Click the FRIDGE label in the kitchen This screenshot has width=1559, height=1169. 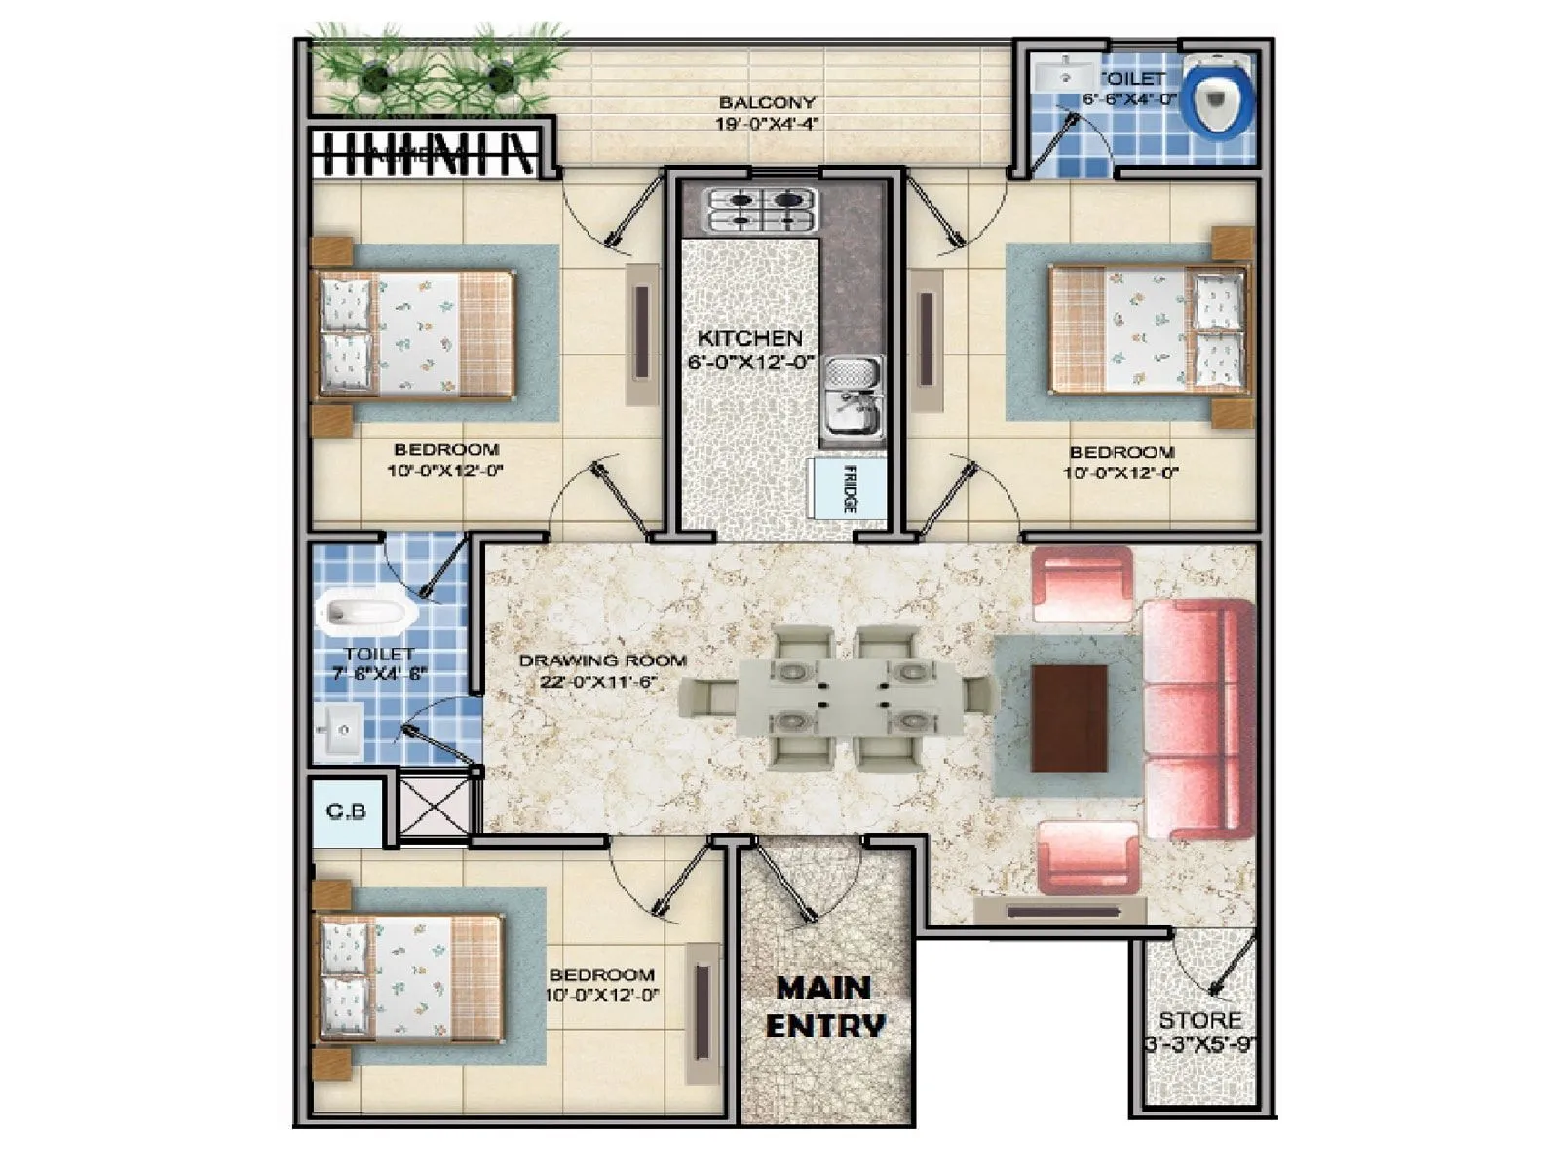coord(849,490)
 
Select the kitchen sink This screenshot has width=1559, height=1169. coord(855,396)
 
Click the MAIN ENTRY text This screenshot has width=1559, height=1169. coord(826,1007)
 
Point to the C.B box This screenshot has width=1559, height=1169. coord(345,811)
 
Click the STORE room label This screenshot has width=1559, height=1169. coord(1199,1021)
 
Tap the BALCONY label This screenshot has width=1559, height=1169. coord(766,102)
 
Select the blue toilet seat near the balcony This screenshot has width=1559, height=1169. coord(1216,96)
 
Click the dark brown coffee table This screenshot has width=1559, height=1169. coord(1069,718)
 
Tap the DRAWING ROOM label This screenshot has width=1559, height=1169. coord(602,660)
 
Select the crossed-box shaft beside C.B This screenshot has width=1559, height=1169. coord(436,806)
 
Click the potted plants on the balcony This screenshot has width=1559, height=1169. coord(436,75)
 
